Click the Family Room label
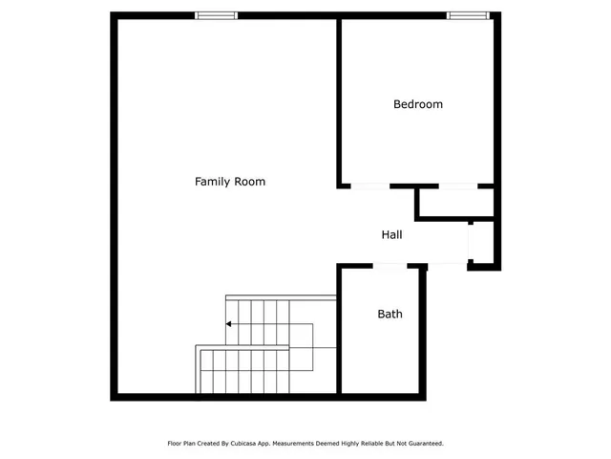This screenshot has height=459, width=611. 229,181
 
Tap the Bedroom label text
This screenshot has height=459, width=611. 418,104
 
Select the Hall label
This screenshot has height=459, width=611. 391,234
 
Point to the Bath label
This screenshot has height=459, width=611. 390,314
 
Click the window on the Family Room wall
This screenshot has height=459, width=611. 216,15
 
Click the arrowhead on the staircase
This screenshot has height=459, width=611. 229,324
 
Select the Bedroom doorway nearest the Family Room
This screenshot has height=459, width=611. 370,186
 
